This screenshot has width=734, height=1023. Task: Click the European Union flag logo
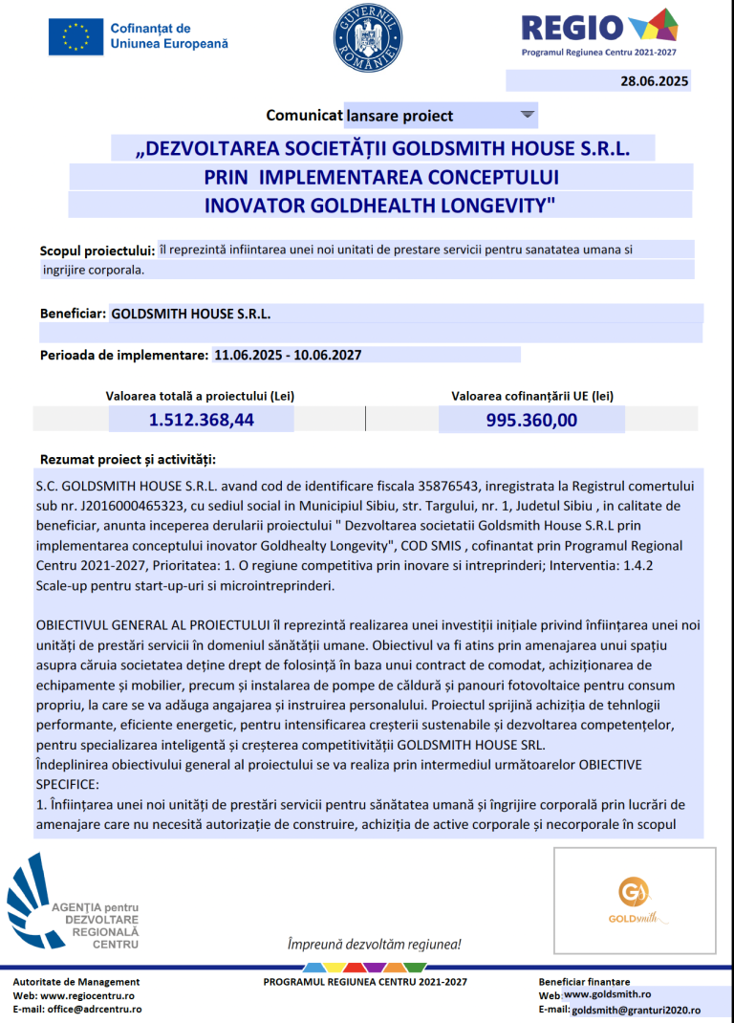(76, 36)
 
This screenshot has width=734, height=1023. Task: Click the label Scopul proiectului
(97, 250)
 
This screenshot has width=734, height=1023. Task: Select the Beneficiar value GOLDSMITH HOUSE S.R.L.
(191, 313)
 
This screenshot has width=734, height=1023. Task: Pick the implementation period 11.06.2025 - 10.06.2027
(288, 355)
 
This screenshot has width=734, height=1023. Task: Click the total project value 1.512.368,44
(201, 419)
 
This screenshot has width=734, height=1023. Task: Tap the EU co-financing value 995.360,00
(531, 420)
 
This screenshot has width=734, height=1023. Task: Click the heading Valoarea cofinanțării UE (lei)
(532, 395)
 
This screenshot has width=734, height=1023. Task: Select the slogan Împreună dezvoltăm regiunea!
(374, 945)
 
